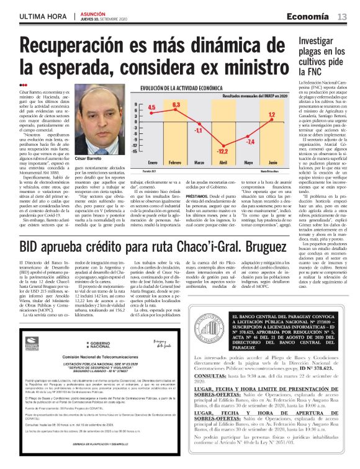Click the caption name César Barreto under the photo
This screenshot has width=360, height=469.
[104, 161]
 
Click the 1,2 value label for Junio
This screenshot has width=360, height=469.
[271, 115]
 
